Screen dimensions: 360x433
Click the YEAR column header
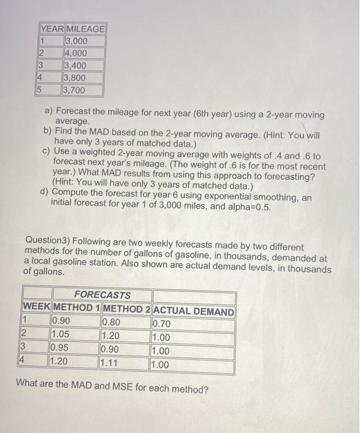click(x=51, y=29)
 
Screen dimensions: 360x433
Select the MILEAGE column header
click(x=85, y=29)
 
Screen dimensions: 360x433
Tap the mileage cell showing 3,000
click(x=76, y=41)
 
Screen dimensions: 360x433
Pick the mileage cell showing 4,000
click(x=76, y=53)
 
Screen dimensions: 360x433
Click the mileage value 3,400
click(x=76, y=66)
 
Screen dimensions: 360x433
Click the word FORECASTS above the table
click(x=102, y=295)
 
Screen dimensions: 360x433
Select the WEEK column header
click(x=37, y=308)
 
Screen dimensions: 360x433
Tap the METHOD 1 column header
click(x=76, y=308)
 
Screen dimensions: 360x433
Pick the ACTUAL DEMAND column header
click(x=193, y=312)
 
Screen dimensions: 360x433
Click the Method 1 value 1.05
click(x=62, y=337)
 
